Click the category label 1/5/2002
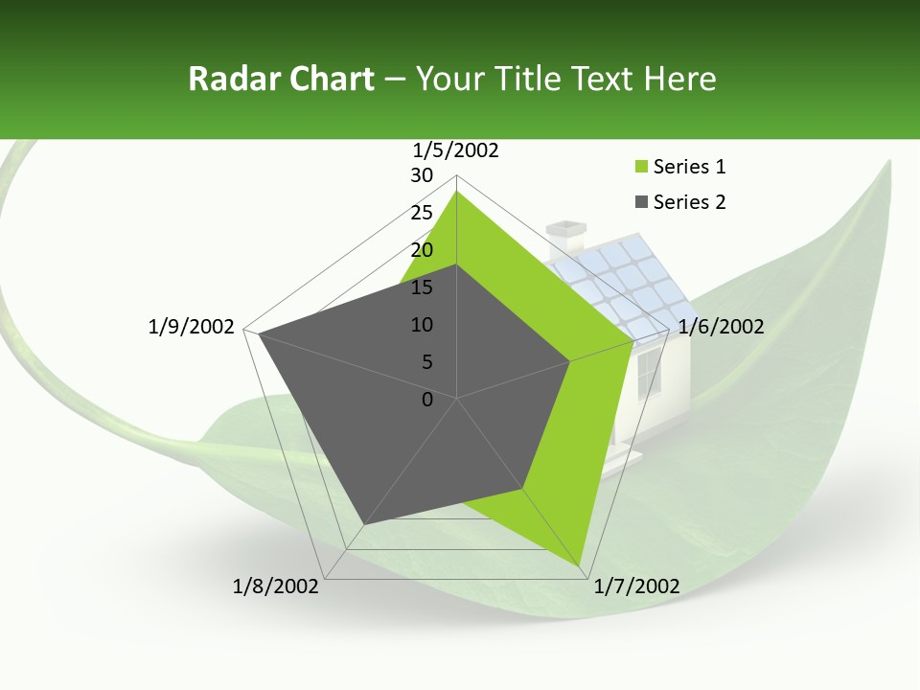pos(456,150)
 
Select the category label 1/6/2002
pos(721,327)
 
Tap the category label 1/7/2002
pos(637,586)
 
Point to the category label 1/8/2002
pos(276,586)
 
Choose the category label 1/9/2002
pos(192,327)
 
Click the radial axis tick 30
pos(422,175)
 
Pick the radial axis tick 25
pos(422,213)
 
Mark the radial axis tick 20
pos(422,250)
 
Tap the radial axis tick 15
pos(422,287)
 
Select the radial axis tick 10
pos(422,325)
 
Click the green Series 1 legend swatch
pos(641,168)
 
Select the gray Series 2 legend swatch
pos(641,202)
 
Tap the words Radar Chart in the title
pos(281,79)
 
